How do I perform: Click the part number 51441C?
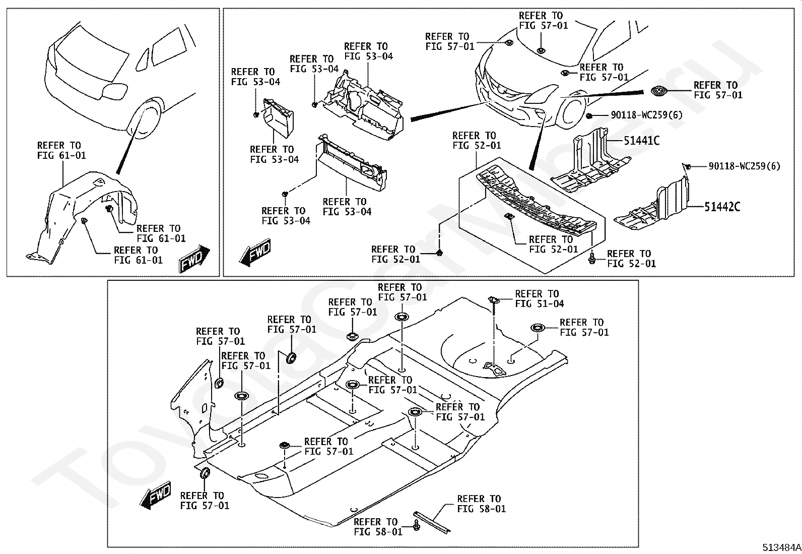[x=641, y=141]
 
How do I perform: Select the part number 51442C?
[x=722, y=207]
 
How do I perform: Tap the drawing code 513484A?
[x=781, y=547]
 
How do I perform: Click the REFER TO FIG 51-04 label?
[x=539, y=298]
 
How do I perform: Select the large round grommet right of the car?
[x=658, y=91]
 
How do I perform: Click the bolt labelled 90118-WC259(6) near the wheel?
[x=589, y=116]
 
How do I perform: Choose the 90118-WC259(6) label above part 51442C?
[x=744, y=166]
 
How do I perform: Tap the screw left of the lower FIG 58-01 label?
[x=417, y=526]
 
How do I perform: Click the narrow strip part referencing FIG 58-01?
[x=432, y=523]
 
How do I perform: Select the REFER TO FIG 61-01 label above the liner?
[x=61, y=150]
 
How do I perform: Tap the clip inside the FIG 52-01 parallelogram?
[x=508, y=216]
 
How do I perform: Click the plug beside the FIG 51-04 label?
[x=493, y=299]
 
